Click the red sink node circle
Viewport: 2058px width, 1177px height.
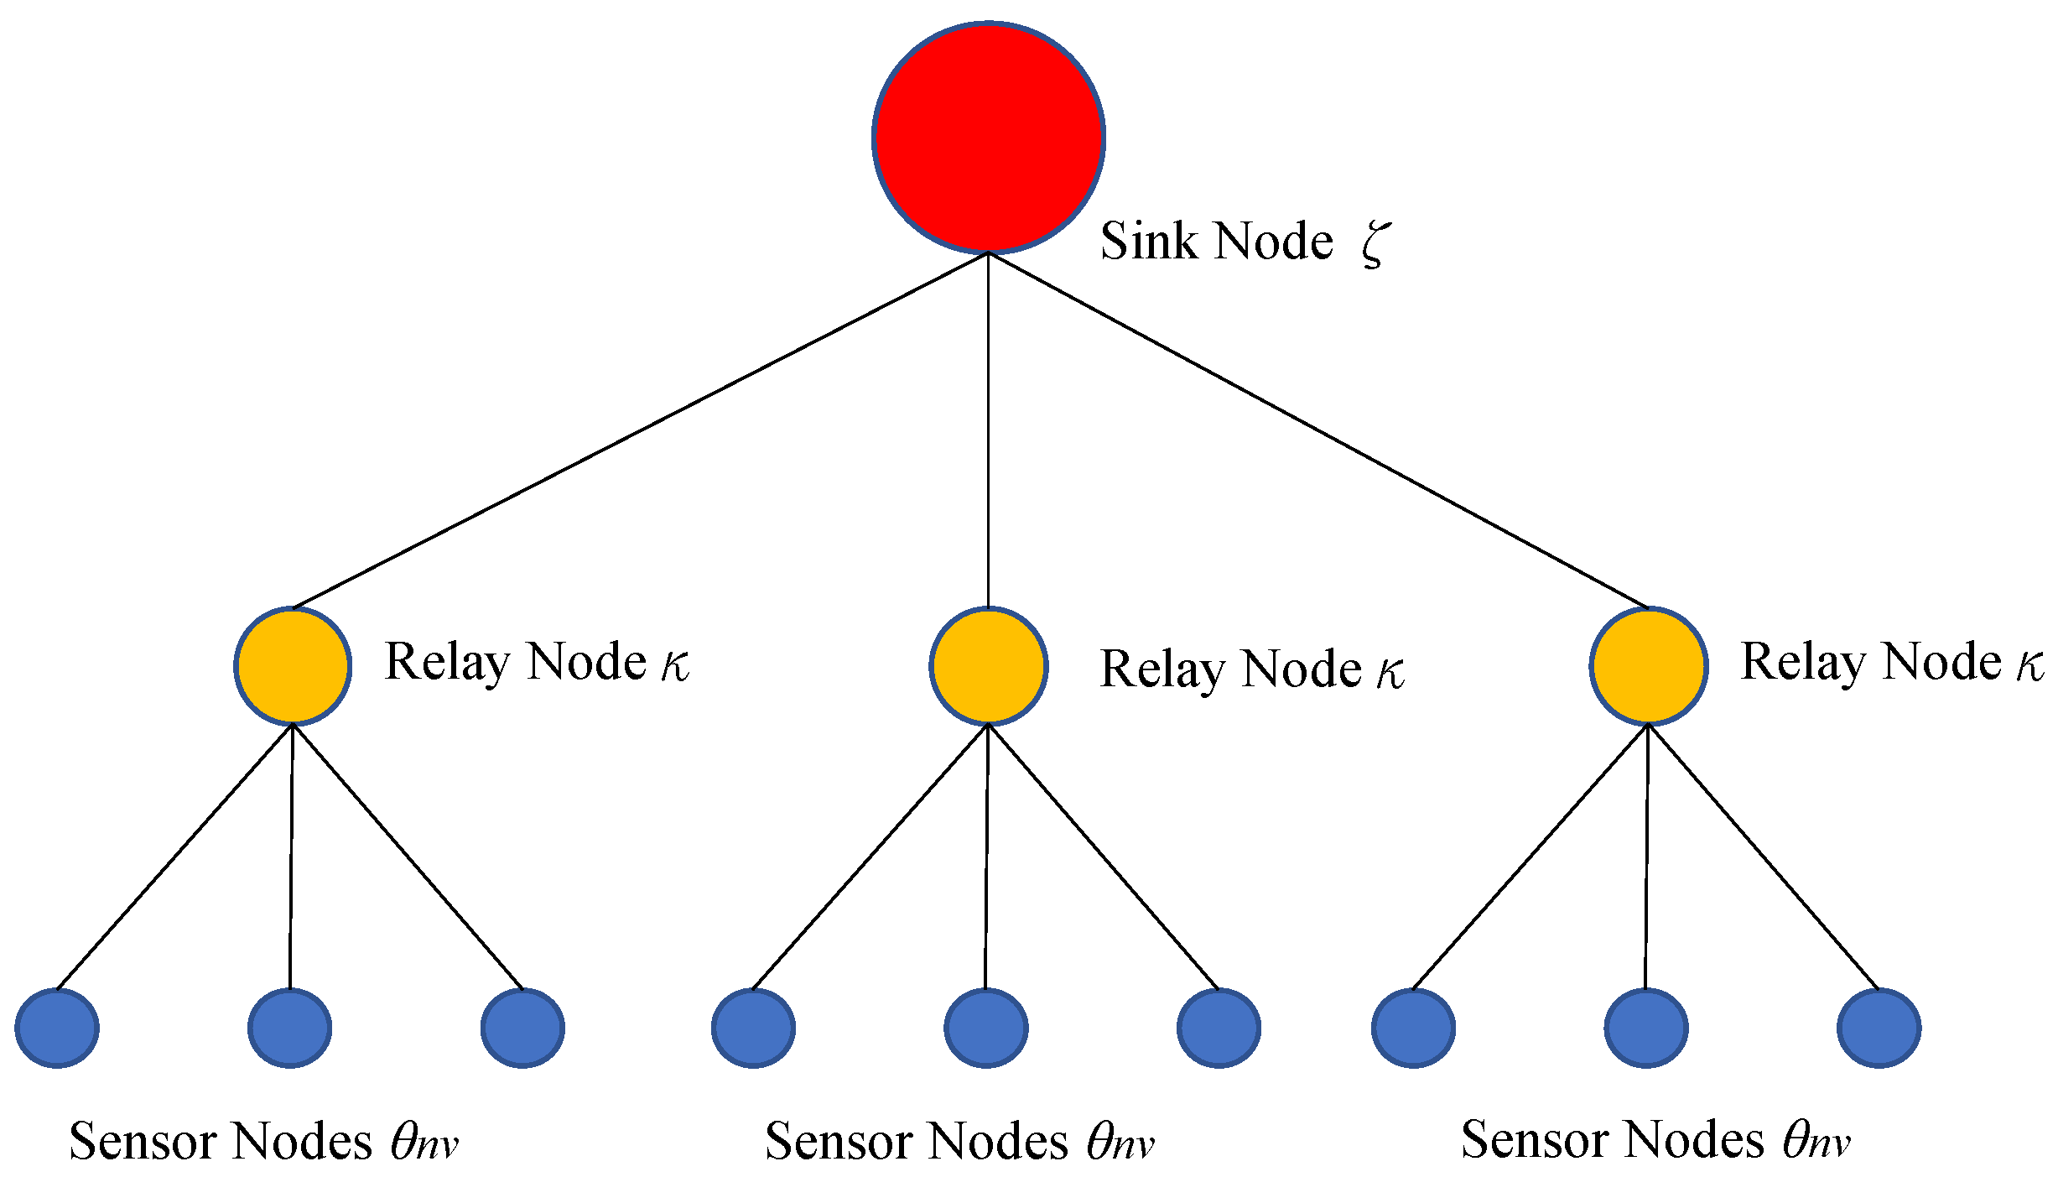tap(988, 137)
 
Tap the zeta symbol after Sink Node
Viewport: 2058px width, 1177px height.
tap(1375, 243)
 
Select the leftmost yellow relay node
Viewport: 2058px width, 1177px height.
tap(292, 665)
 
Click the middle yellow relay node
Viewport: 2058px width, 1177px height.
tap(988, 665)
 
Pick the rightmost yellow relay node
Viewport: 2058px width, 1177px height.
tap(1648, 665)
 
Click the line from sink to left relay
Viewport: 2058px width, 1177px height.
tap(641, 430)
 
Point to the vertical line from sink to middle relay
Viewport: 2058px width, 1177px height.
tap(988, 430)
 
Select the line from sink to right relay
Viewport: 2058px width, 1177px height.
tap(1318, 430)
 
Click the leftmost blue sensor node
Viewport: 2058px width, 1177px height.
tap(57, 1028)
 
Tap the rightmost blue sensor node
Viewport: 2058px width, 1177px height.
tap(1879, 1028)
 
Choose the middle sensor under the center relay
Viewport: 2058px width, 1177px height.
tap(985, 1028)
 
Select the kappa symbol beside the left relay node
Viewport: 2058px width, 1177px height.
tap(674, 664)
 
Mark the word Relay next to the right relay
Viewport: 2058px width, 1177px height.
tap(1803, 663)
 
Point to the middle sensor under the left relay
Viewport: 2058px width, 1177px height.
tap(289, 1028)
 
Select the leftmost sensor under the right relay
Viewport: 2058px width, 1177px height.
tap(1413, 1028)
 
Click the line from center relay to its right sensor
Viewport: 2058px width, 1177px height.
tap(1104, 857)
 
